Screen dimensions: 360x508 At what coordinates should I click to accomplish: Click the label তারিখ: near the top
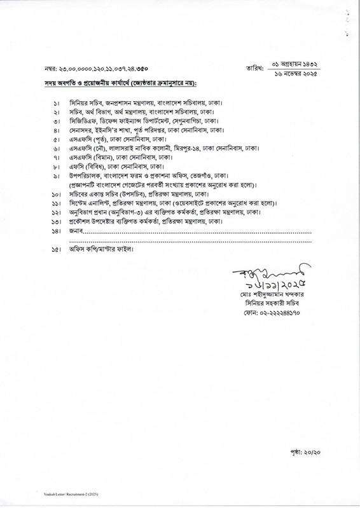pos(255,67)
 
